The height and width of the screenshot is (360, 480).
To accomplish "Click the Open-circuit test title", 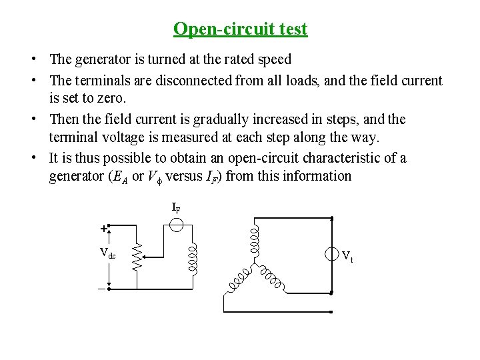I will point(240,29).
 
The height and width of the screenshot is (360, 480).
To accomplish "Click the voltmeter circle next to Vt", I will point(332,254).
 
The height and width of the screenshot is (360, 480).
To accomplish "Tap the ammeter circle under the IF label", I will point(176,225).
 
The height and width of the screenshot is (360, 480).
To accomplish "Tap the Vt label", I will point(347,255).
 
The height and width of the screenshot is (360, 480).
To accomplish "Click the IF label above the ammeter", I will point(176,208).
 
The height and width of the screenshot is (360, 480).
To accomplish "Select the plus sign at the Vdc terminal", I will point(103,228).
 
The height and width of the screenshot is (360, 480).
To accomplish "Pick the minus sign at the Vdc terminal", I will point(102,289).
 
